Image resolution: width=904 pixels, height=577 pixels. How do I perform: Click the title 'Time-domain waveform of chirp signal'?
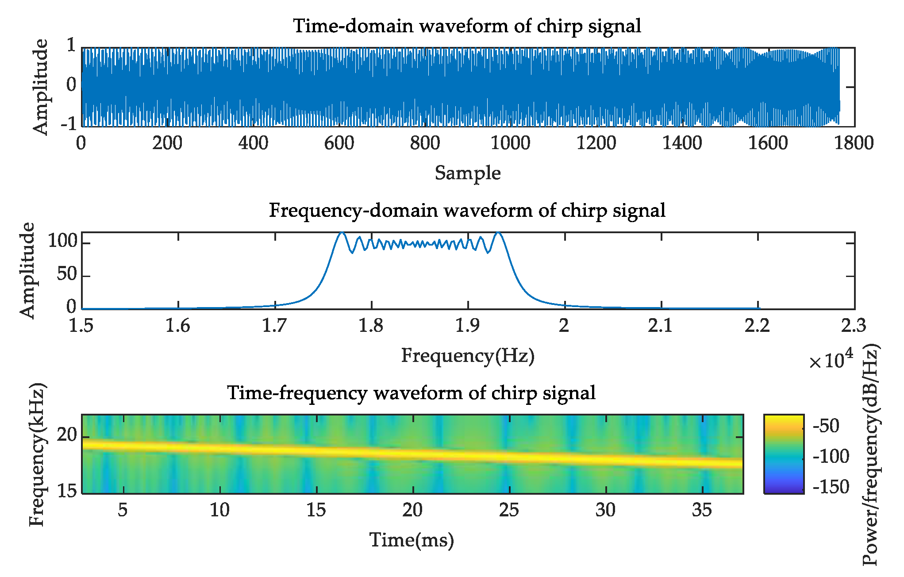pyautogui.click(x=467, y=26)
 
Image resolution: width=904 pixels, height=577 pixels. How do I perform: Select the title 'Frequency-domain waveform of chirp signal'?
pyautogui.click(x=467, y=210)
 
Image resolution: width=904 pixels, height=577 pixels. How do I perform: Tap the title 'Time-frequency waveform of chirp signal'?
pyautogui.click(x=412, y=393)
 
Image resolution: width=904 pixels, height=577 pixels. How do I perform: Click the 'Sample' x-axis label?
pyautogui.click(x=468, y=173)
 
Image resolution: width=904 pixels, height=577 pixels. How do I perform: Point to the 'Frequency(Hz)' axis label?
pyautogui.click(x=468, y=356)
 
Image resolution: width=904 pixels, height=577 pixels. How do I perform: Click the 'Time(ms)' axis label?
pyautogui.click(x=412, y=540)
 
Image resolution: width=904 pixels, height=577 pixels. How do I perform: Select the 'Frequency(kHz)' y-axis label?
pyautogui.click(x=38, y=454)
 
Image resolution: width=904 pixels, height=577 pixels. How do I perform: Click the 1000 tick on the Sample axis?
pyautogui.click(x=511, y=143)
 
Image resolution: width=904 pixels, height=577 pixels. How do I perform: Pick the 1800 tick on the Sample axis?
pyautogui.click(x=854, y=143)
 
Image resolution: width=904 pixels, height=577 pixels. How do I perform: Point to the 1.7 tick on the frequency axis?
pyautogui.click(x=275, y=326)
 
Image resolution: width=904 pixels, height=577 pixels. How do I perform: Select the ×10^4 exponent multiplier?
pyautogui.click(x=831, y=360)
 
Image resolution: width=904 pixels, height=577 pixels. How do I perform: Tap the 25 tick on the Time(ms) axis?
pyautogui.click(x=509, y=510)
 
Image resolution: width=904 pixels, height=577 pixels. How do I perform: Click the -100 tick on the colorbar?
pyautogui.click(x=831, y=456)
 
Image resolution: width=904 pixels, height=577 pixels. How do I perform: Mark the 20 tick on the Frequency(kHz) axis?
pyautogui.click(x=67, y=435)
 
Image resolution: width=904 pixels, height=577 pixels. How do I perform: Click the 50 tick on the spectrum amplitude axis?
pyautogui.click(x=67, y=275)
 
